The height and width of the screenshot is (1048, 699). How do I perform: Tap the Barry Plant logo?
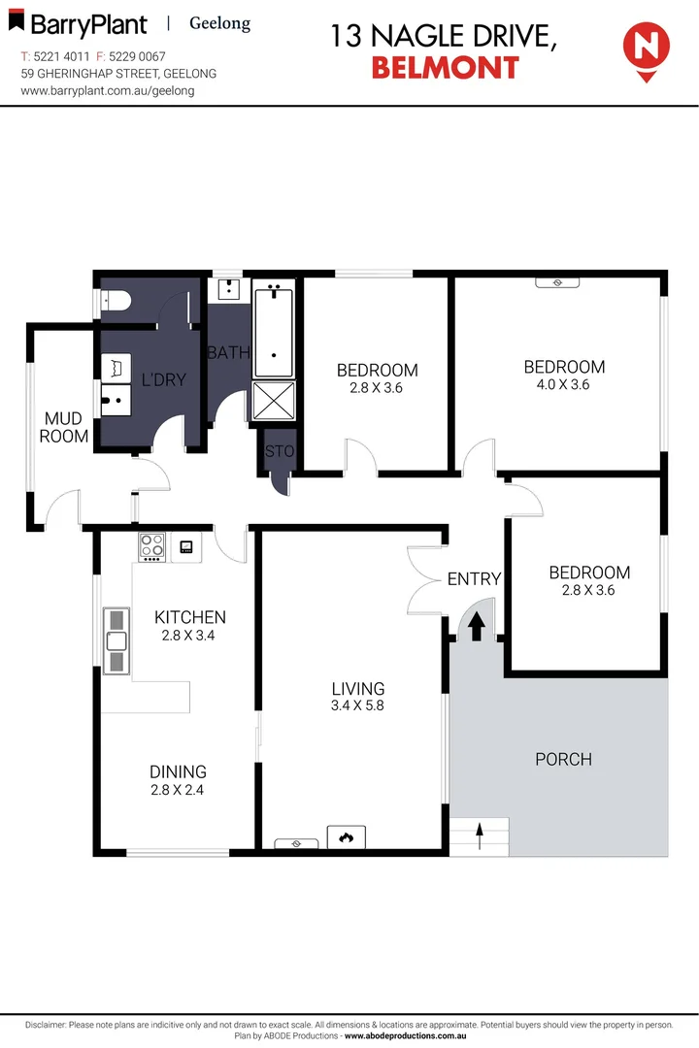coord(84,25)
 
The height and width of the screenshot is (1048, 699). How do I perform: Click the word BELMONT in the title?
coord(445,67)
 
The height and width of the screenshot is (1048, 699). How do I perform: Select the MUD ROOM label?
coord(64,427)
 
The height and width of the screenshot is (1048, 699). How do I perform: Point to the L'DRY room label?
coord(163,379)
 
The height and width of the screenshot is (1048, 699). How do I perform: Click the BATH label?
coord(228,352)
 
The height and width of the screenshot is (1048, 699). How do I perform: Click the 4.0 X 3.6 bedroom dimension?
coord(564,384)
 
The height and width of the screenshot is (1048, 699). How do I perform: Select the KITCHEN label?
coord(190,617)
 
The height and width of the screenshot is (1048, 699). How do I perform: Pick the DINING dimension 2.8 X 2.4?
coord(178,790)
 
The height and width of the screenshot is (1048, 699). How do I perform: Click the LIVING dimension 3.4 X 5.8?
coord(357,705)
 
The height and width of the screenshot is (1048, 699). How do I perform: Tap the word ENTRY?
coord(474,579)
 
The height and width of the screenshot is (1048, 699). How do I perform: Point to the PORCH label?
coord(563,759)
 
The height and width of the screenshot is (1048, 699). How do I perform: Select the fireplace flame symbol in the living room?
coord(346,836)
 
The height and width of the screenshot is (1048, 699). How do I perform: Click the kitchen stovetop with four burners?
coord(151,547)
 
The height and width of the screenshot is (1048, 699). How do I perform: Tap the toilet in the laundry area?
coord(116,303)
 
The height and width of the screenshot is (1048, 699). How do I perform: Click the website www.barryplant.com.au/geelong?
coord(108,90)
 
